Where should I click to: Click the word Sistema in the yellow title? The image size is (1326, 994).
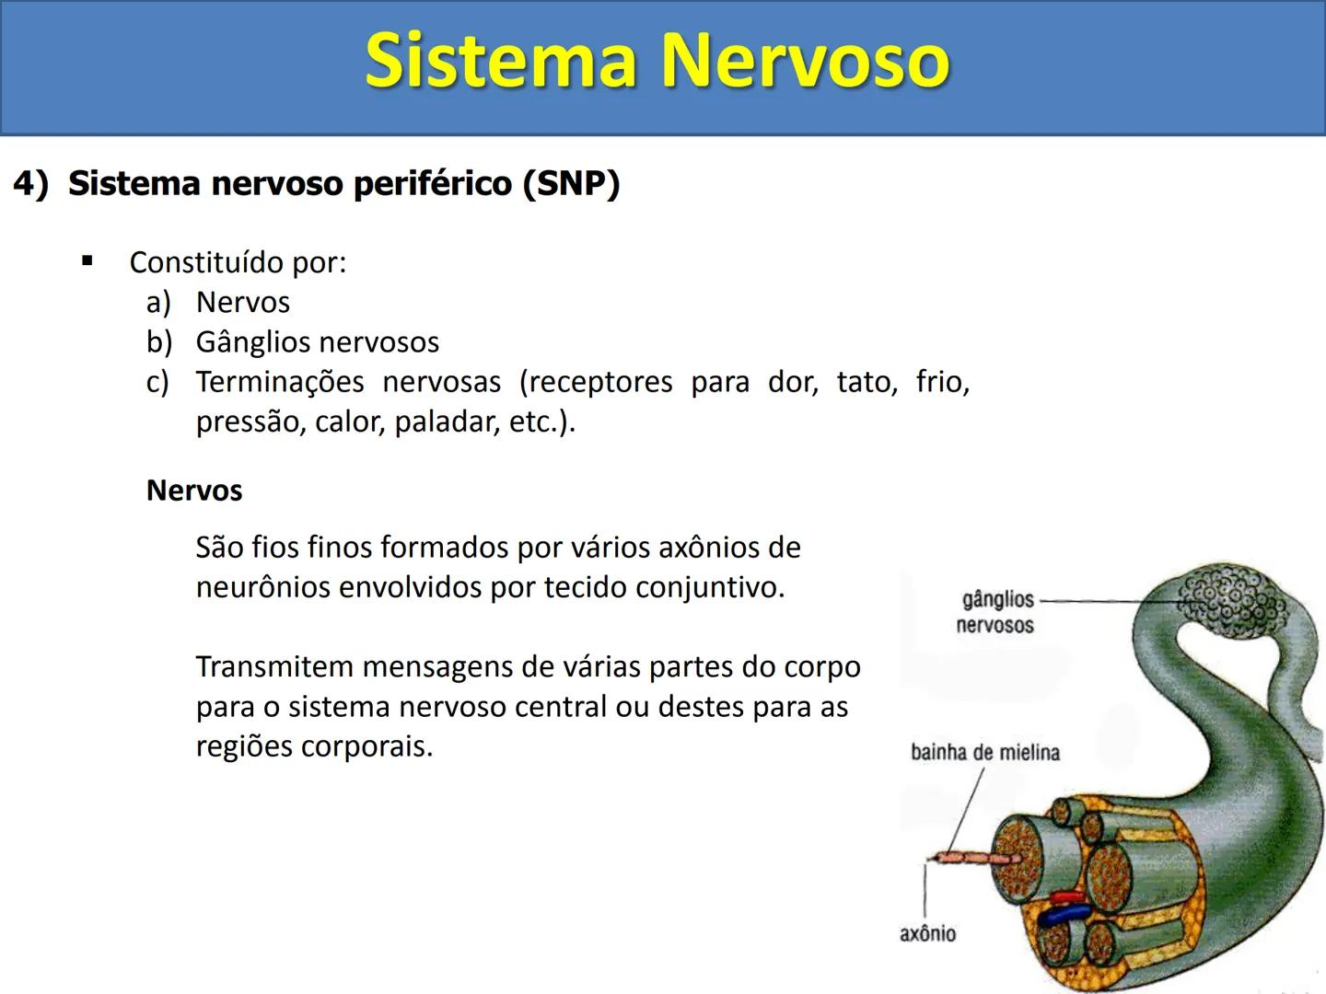click(502, 61)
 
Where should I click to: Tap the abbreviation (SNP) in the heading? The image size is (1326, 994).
click(571, 183)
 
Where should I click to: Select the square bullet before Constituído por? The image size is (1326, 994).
click(87, 261)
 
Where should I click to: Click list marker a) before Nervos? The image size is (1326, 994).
click(158, 302)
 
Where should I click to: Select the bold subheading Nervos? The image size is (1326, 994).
click(194, 491)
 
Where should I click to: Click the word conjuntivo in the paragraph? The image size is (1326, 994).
click(710, 587)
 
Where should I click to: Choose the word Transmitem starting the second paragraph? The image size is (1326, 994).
click(273, 666)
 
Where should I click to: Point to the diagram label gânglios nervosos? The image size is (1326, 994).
click(995, 612)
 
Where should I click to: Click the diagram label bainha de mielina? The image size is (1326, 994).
click(984, 753)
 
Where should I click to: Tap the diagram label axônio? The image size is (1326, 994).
click(927, 933)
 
